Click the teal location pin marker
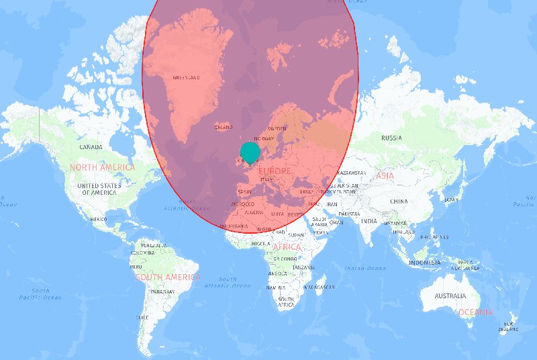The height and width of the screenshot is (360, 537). coord(249,152)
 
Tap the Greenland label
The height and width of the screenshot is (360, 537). coord(187,77)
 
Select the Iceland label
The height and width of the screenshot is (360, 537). coord(223,127)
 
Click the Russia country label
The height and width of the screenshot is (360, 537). coord(391,138)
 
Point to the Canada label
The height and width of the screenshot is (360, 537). coord(91,146)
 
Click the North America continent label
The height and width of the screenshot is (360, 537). coord(102,167)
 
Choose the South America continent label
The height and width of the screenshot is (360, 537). coord(167,277)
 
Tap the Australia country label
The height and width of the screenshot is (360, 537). coord(450,296)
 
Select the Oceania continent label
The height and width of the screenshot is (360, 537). coord(475,312)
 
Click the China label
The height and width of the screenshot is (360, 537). coord(398,201)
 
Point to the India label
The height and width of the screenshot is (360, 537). coord(369,221)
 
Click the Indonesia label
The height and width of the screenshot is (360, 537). coord(424,262)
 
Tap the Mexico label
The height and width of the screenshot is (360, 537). coord(99,219)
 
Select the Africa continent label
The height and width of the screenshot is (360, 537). coord(287,247)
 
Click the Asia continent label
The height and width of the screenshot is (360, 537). coord(385,175)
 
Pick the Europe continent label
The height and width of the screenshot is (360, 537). coord(274,171)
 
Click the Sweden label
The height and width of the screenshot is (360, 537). coord(277,128)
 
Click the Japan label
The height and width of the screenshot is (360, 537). coord(451,199)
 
